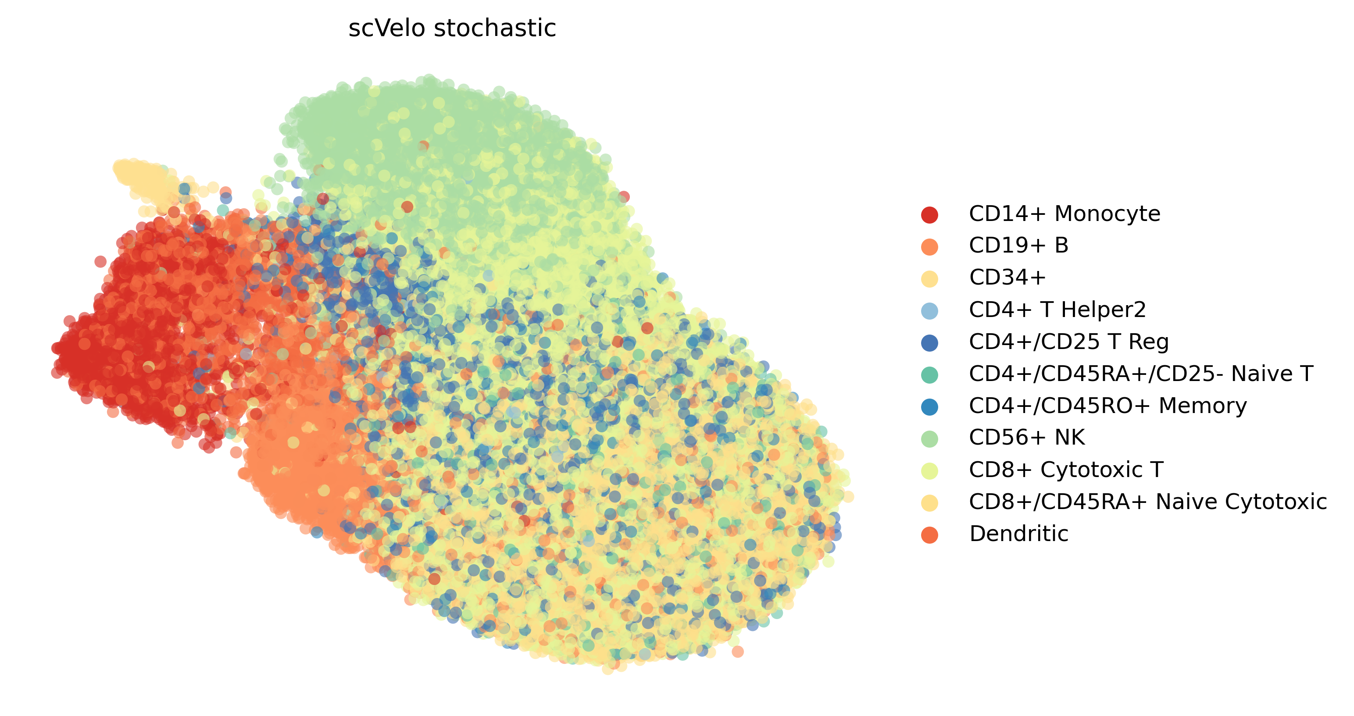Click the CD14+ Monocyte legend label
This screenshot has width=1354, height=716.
[x=1065, y=214]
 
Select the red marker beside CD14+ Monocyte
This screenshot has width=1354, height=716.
[x=929, y=214]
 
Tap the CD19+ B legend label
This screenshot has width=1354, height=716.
[x=1018, y=246]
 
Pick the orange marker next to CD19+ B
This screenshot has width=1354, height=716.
[x=929, y=247]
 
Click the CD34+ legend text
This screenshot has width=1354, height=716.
[x=1007, y=278]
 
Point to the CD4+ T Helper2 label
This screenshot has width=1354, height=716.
[x=1057, y=310]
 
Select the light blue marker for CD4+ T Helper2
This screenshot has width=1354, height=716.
[x=929, y=311]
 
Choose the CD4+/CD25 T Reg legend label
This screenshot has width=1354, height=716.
[x=1069, y=342]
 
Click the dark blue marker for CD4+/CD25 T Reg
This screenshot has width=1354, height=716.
[x=929, y=343]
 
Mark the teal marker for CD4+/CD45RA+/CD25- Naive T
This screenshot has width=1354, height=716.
[x=929, y=375]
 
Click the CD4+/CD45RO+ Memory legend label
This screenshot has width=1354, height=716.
[x=1108, y=406]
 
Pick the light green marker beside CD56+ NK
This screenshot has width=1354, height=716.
[x=929, y=438]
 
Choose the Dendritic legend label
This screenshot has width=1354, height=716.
[x=1018, y=534]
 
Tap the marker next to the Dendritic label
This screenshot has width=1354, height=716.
[x=929, y=535]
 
